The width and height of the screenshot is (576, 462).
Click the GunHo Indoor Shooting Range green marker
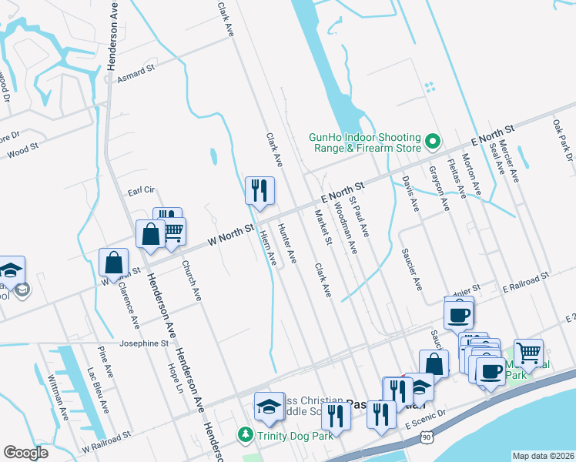pos(432,142)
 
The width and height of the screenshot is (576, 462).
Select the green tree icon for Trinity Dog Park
pos(246,435)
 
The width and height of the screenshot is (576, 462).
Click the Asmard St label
pos(136,73)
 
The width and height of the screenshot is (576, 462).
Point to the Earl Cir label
pos(141,189)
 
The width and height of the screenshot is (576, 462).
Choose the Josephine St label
pos(143,344)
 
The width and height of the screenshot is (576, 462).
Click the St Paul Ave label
pos(360,216)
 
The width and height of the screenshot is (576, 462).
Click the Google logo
pos(25,453)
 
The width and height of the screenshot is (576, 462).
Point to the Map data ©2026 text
pos(543,455)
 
